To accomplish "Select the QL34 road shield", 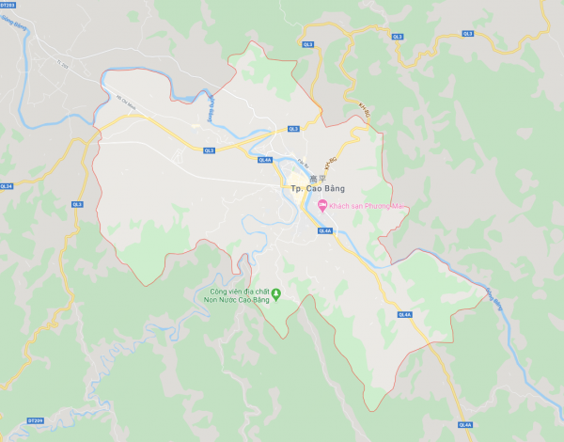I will point(7,186).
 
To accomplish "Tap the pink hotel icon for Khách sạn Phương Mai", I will point(321,206).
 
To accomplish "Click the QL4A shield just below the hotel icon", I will point(325,229).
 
